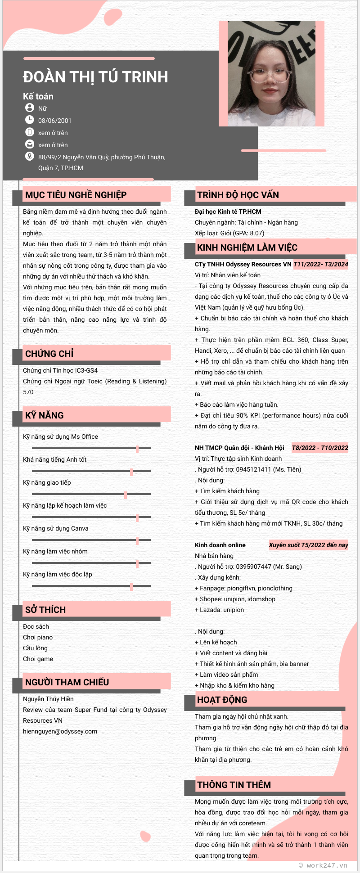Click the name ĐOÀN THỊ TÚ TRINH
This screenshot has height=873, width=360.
pyautogui.click(x=95, y=77)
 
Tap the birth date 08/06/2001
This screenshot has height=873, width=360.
pyautogui.click(x=54, y=121)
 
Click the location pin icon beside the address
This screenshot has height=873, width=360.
pyautogui.click(x=29, y=156)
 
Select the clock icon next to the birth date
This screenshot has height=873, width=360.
pyautogui.click(x=29, y=120)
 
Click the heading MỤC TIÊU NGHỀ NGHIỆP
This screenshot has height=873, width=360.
pyautogui.click(x=76, y=195)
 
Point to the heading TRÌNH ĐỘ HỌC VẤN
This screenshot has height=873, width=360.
pyautogui.click(x=238, y=195)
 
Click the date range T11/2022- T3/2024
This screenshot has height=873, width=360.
pyautogui.click(x=321, y=264)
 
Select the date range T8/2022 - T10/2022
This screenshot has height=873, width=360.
pyautogui.click(x=320, y=448)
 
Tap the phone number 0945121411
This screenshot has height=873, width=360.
pyautogui.click(x=253, y=469)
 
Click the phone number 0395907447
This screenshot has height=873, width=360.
pyautogui.click(x=253, y=567)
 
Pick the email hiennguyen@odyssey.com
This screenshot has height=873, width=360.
pyautogui.click(x=60, y=731)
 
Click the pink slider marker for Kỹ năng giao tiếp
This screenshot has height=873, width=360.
pyautogui.click(x=126, y=495)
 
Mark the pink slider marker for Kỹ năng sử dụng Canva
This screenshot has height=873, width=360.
pyautogui.click(x=137, y=541)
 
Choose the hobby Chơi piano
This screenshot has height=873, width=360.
pyautogui.click(x=38, y=637)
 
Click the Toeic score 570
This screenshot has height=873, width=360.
pyautogui.click(x=28, y=392)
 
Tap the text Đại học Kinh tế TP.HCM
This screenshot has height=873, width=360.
pyautogui.click(x=228, y=211)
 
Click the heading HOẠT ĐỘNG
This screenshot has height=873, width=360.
pyautogui.click(x=222, y=700)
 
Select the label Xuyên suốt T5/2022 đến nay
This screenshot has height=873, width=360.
pyautogui.click(x=308, y=545)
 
